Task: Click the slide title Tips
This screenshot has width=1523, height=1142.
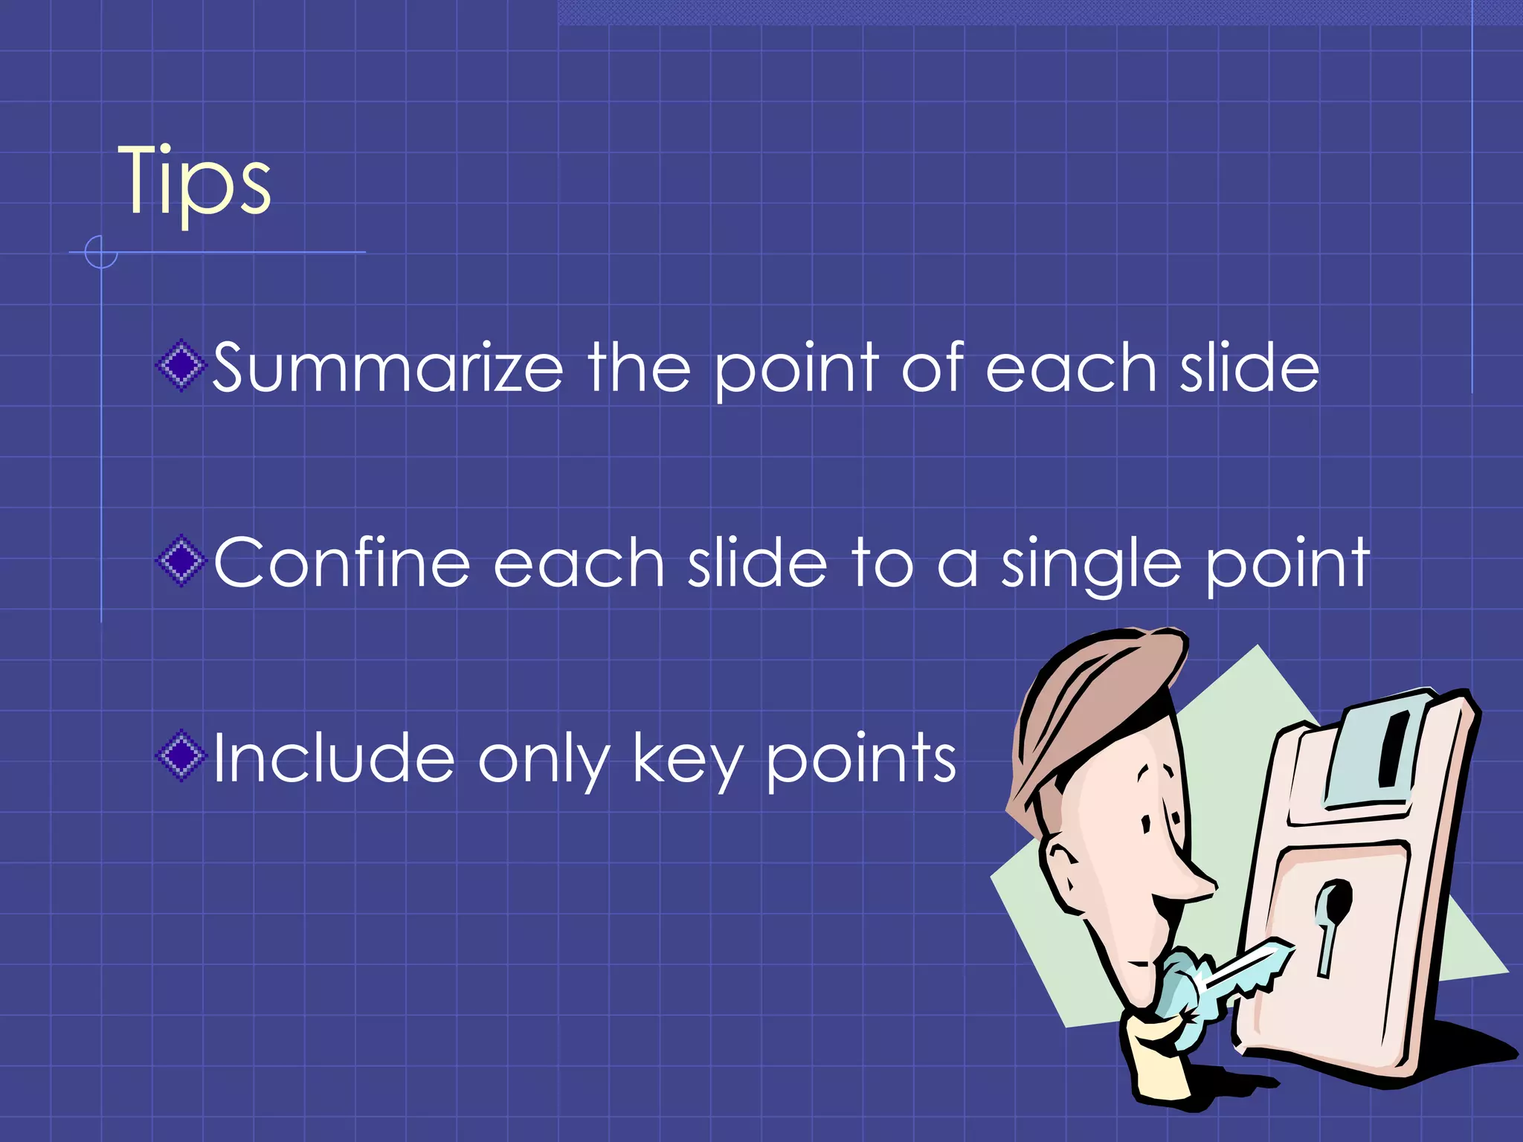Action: (195, 182)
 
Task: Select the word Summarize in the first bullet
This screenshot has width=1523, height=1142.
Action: (387, 367)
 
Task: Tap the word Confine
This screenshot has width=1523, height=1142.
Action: (342, 563)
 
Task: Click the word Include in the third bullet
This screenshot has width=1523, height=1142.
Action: (333, 758)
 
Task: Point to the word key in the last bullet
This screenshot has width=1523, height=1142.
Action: (687, 760)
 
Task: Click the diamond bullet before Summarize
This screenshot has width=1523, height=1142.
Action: (180, 365)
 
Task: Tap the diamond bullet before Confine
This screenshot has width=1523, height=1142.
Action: (180, 561)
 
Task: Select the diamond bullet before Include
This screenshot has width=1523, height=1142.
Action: (180, 756)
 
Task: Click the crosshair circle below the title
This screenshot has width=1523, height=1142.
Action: (100, 252)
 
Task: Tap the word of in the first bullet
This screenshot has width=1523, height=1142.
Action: (933, 367)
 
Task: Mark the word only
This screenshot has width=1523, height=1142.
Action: (544, 760)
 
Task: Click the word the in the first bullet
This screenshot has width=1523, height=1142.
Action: (639, 367)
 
